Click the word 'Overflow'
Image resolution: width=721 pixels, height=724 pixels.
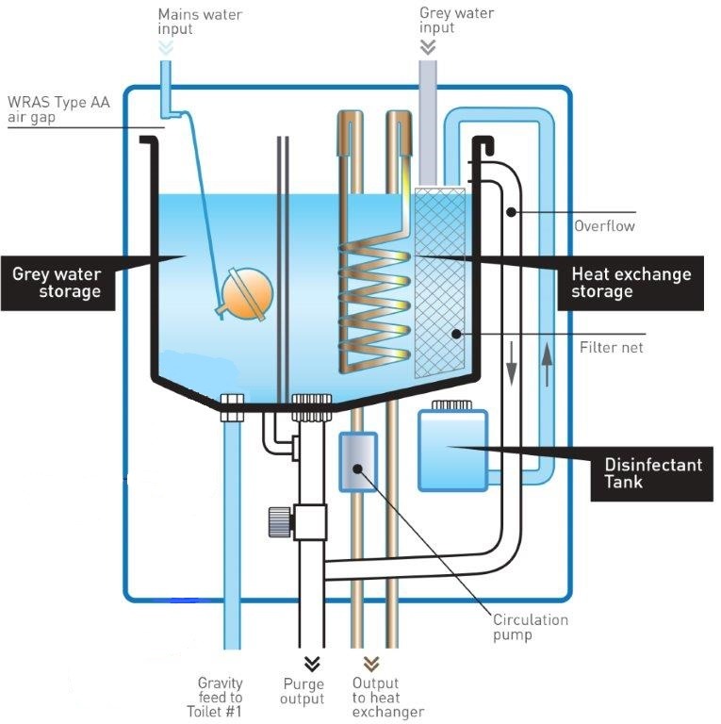[604, 226]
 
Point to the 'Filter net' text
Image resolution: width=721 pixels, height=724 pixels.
[604, 348]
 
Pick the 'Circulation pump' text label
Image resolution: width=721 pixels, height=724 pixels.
[531, 627]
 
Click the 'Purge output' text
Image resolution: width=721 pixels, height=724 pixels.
[303, 691]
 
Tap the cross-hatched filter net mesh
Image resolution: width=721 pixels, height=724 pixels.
[440, 283]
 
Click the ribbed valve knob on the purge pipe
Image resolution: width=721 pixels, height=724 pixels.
[276, 519]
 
